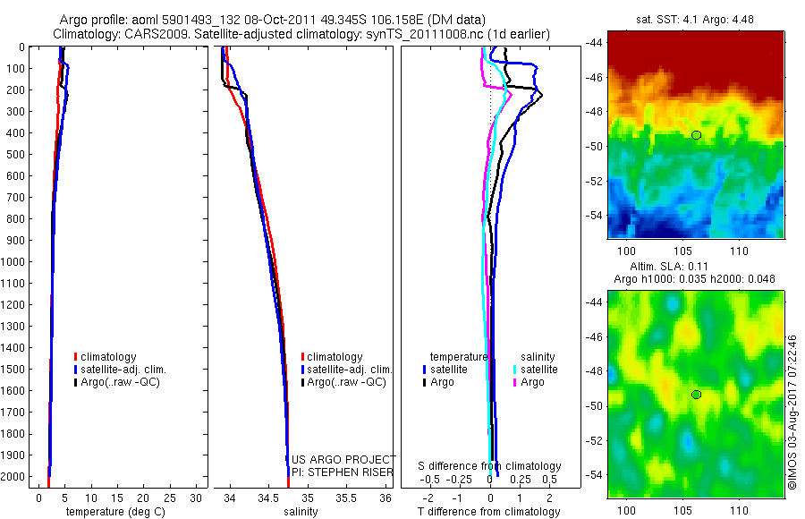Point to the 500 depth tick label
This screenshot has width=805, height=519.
pos(13,154)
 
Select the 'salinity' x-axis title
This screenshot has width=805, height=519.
pos(301,512)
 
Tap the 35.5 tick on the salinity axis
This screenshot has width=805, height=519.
pos(346,498)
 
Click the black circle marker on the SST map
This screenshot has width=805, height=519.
pos(696,135)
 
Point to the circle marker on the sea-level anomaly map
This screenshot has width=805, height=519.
pos(696,395)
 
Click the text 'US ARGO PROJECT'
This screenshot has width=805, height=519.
pos(343,460)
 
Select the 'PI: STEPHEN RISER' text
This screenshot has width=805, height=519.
pos(343,472)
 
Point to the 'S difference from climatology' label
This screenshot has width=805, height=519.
pos(490,466)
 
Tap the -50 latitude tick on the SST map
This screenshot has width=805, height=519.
pos(595,146)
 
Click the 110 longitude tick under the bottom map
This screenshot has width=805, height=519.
pos(739,511)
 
